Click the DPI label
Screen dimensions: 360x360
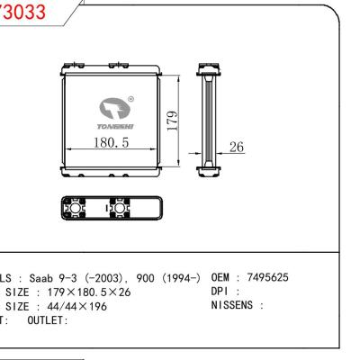pos(220,293)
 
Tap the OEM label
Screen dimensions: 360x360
pos(220,278)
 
